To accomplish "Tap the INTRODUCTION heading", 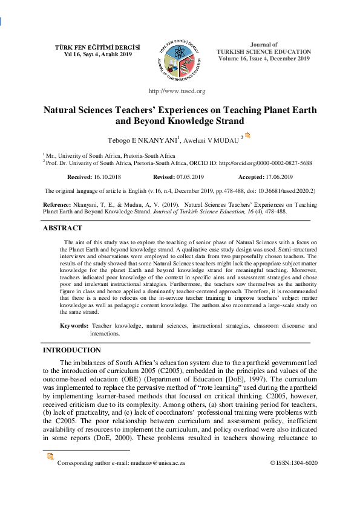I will click(71, 350).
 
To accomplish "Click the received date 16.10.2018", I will click(108, 177).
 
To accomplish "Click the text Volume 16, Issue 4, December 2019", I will click(264, 59).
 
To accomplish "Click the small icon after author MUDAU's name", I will click(247, 136).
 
